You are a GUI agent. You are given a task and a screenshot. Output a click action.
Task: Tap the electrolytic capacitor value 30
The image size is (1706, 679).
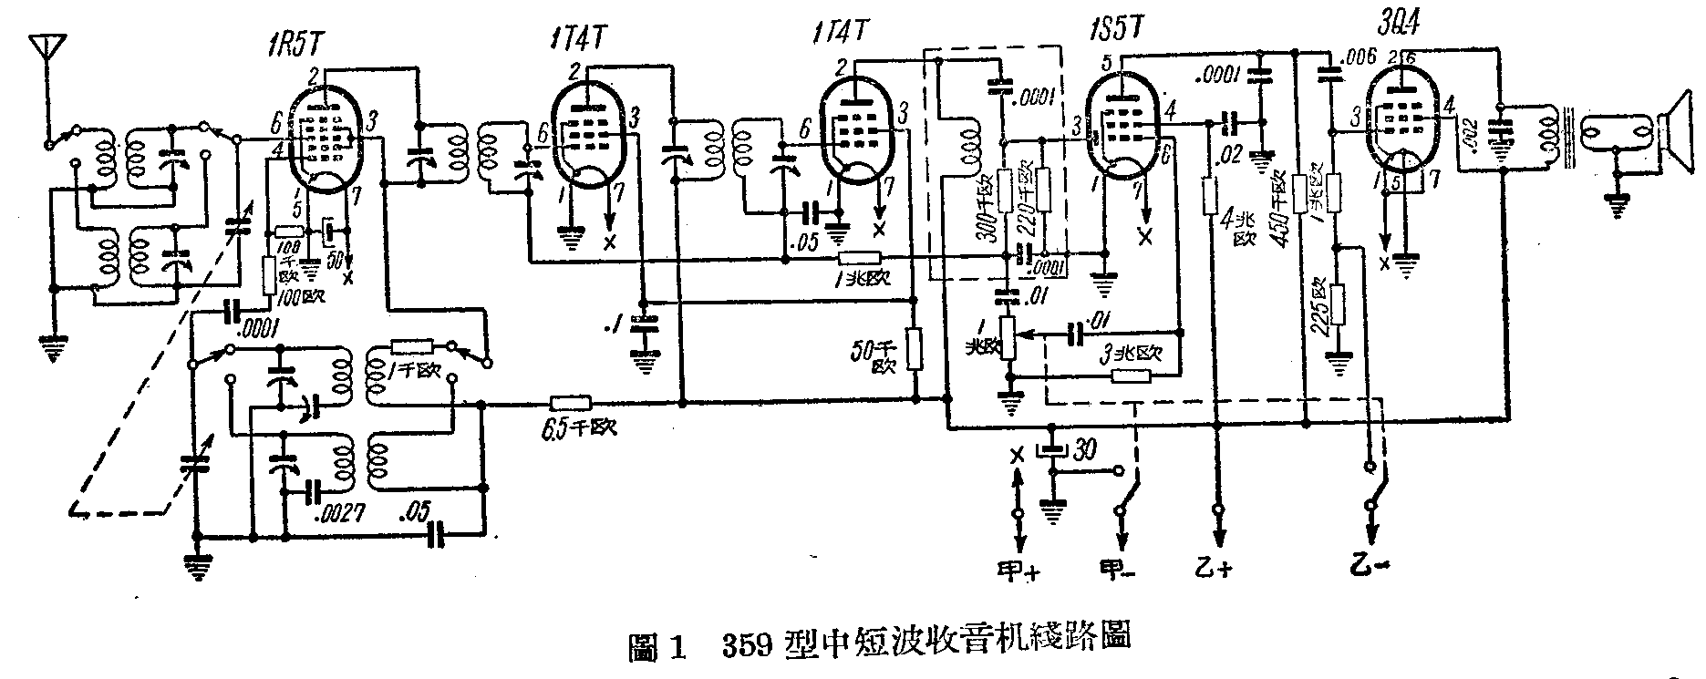point(1085,450)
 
